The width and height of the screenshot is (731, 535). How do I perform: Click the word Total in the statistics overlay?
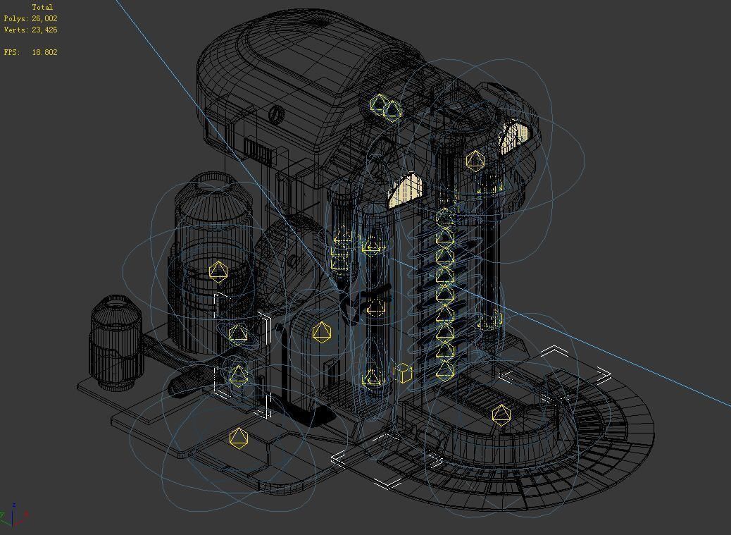(42, 7)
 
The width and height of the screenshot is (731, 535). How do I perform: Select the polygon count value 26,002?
(44, 18)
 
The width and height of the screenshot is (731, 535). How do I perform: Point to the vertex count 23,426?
(44, 30)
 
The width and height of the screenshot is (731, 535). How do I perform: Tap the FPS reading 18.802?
(44, 52)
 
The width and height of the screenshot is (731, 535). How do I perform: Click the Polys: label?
(15, 18)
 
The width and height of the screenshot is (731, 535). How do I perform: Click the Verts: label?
(15, 30)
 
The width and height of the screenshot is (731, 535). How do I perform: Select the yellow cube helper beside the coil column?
(403, 373)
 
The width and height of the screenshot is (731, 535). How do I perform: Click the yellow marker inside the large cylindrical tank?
(218, 271)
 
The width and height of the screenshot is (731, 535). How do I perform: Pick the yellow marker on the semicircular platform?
(501, 414)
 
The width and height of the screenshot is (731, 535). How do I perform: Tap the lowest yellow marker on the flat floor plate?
(239, 438)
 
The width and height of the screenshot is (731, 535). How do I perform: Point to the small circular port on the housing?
(277, 113)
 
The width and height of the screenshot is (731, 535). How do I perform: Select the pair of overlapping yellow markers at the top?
(385, 107)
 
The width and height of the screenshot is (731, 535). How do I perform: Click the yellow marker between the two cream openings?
(475, 161)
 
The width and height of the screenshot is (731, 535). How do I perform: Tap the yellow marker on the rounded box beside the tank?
(322, 332)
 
